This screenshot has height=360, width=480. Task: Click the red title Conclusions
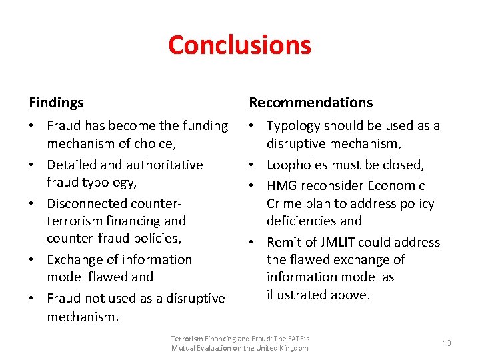pyautogui.click(x=239, y=45)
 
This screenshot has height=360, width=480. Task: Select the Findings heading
pyautogui.click(x=56, y=103)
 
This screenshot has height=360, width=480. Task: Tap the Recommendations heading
pyautogui.click(x=311, y=103)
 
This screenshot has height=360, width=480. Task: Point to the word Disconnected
pyautogui.click(x=85, y=203)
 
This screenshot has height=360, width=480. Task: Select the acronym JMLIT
pyautogui.click(x=345, y=242)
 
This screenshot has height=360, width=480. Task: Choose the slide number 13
pyautogui.click(x=447, y=343)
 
